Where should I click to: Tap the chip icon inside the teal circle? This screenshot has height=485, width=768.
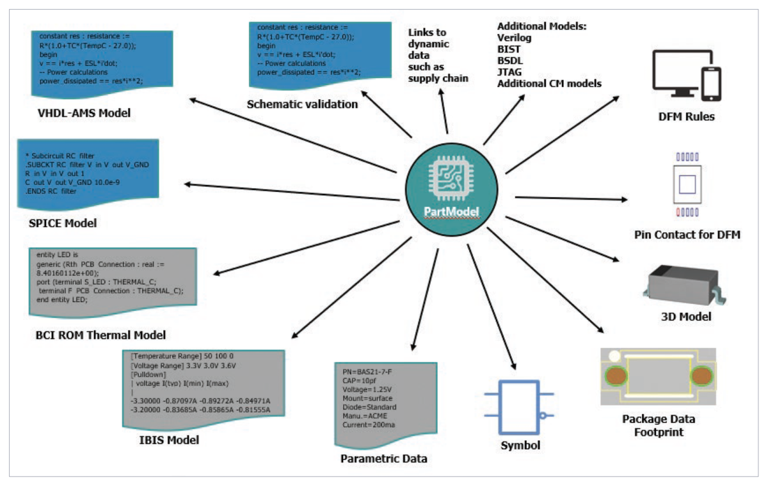[451, 180]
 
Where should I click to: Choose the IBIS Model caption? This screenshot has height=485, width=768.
[169, 440]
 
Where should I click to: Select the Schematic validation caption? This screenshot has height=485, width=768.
[302, 104]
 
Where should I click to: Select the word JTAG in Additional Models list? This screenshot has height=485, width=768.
[510, 72]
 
